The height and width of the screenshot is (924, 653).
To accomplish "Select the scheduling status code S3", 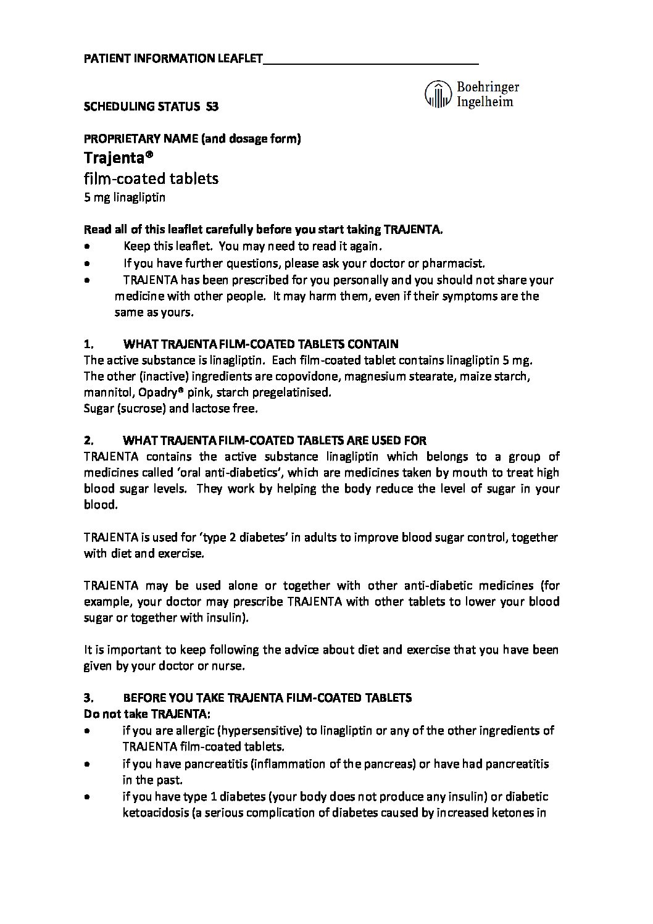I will pos(212,106).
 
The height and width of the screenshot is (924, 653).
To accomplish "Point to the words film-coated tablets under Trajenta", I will pos(151,179).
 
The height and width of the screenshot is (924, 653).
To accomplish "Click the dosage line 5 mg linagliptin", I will pos(125,198).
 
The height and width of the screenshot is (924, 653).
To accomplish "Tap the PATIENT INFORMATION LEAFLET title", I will pos(173,59).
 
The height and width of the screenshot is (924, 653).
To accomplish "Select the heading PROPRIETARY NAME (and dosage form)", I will pos(192,139).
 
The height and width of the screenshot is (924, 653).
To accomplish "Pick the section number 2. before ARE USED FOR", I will pos(88,441).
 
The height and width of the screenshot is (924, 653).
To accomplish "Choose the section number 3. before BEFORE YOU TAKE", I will pos(88,698).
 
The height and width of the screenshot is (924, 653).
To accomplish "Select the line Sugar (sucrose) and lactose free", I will pos(170,408).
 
